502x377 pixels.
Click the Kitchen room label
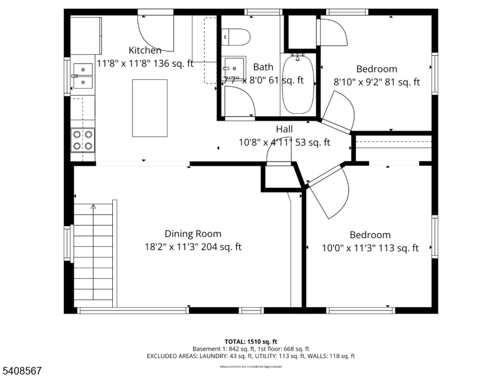[145, 50]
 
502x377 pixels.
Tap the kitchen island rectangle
[150, 107]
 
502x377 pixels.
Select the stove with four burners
[83, 139]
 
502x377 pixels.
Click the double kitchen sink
[83, 75]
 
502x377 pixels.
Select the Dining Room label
[193, 234]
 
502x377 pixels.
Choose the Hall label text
[284, 129]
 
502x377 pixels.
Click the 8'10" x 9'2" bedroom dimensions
[376, 82]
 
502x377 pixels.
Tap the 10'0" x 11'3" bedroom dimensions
[370, 248]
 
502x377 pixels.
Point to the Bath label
[263, 67]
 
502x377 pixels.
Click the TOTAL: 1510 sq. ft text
[250, 341]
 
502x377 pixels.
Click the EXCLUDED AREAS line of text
[250, 356]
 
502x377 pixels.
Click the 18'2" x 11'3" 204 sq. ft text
[193, 248]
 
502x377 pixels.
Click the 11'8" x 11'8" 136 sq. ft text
[145, 63]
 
